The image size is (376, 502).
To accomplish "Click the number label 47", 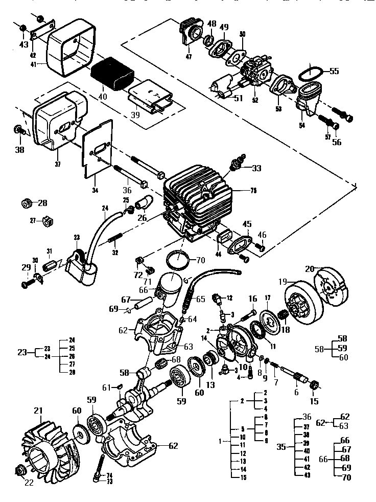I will [189, 56].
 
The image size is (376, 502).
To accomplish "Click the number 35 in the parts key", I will [281, 446].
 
